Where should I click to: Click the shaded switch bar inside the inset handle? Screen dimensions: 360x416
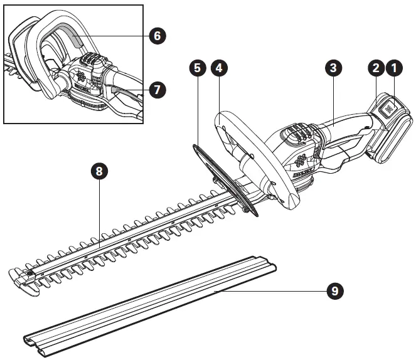pyautogui.click(x=72, y=41)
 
